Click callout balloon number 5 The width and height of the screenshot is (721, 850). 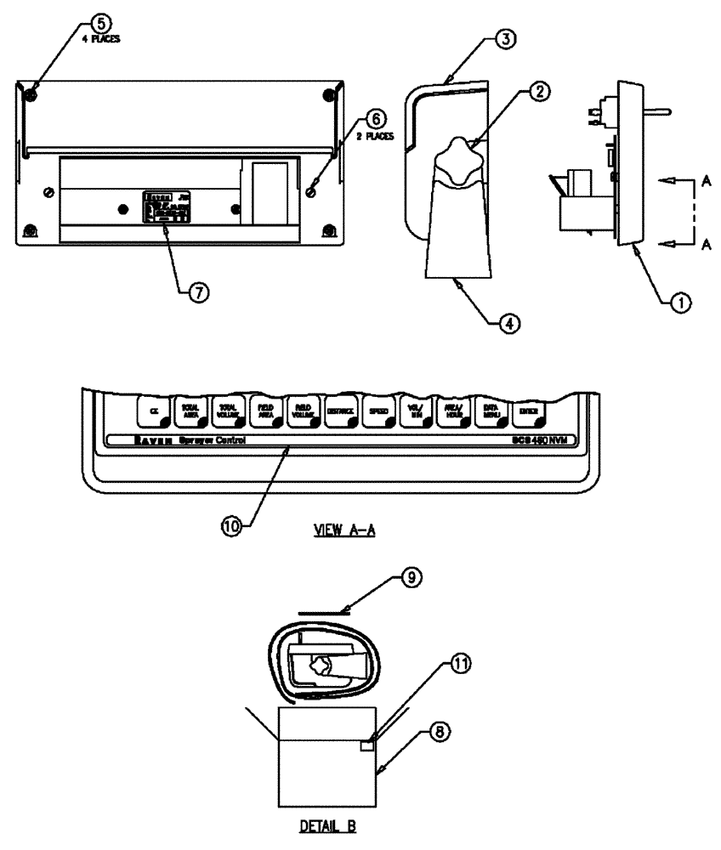[100, 24]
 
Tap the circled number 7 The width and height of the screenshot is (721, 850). [198, 291]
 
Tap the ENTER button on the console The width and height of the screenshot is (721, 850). [527, 411]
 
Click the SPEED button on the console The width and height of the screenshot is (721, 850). [378, 411]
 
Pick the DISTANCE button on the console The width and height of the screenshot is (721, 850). [340, 411]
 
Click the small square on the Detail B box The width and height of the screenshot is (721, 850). [367, 745]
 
